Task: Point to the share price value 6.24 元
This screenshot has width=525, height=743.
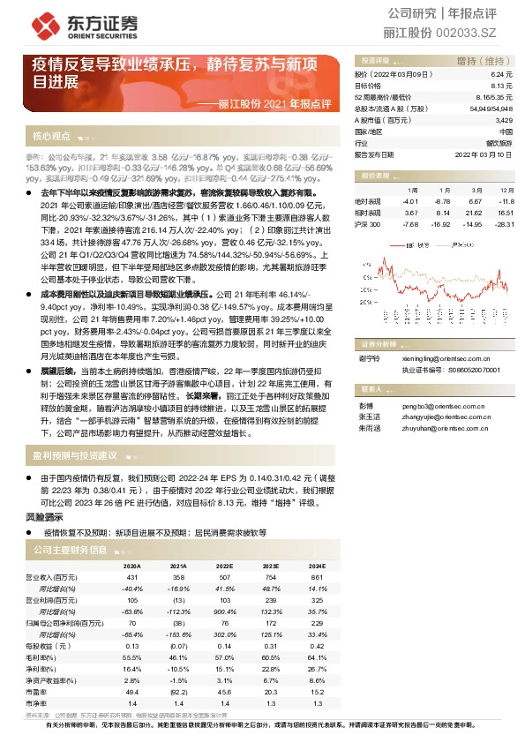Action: [x=501, y=76]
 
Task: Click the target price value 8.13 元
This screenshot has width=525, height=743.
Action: [x=501, y=86]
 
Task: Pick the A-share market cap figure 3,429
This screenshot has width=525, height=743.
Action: [x=504, y=119]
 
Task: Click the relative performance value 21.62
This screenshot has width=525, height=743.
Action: [x=474, y=213]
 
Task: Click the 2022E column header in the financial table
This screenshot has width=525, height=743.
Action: [x=224, y=566]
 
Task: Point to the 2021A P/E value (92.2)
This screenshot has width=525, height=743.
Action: [x=178, y=693]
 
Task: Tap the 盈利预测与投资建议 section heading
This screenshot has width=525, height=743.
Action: [x=75, y=455]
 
